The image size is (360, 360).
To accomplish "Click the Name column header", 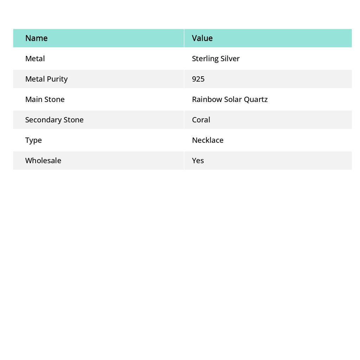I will tap(36, 38).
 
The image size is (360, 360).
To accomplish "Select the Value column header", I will tap(202, 38).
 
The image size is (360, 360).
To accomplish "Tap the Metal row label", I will tap(35, 58).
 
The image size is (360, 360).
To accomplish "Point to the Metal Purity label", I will tap(46, 79).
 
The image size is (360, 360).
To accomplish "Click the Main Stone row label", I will tap(45, 99).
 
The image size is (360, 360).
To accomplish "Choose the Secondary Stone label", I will tap(54, 120).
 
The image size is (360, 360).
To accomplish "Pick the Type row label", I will tap(33, 140).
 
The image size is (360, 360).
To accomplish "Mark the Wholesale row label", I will tap(43, 160).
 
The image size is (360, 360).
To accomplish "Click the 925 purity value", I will tap(198, 79).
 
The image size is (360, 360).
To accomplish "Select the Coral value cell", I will tap(201, 120).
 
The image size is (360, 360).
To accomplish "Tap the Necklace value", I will tap(207, 140).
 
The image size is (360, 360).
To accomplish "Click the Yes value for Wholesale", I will tap(198, 160).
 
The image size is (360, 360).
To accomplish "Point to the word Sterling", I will tap(205, 59).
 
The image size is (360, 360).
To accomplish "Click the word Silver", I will tap(230, 58).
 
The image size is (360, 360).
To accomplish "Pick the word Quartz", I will tap(256, 99).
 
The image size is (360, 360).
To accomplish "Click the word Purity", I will tap(58, 79).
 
